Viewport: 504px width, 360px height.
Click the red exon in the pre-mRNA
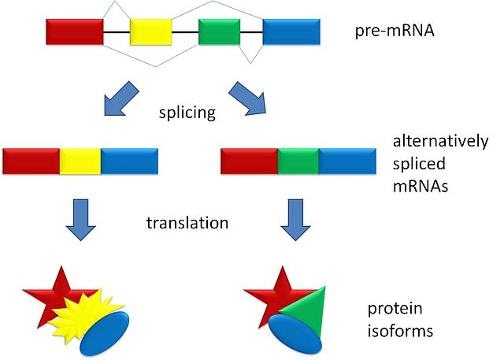click(x=74, y=32)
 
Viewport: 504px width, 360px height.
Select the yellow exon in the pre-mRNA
click(x=150, y=32)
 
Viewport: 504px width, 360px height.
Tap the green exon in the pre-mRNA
click(x=219, y=32)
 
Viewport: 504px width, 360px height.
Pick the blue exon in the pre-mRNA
click(x=291, y=32)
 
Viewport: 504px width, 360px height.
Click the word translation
click(x=187, y=223)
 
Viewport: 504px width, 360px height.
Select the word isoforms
click(x=402, y=331)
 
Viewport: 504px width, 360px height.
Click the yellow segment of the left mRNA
click(x=80, y=160)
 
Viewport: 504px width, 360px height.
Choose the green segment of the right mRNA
click(x=298, y=160)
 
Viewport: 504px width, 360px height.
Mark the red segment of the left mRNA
click(x=31, y=160)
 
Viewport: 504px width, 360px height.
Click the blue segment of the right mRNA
click(x=347, y=160)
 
